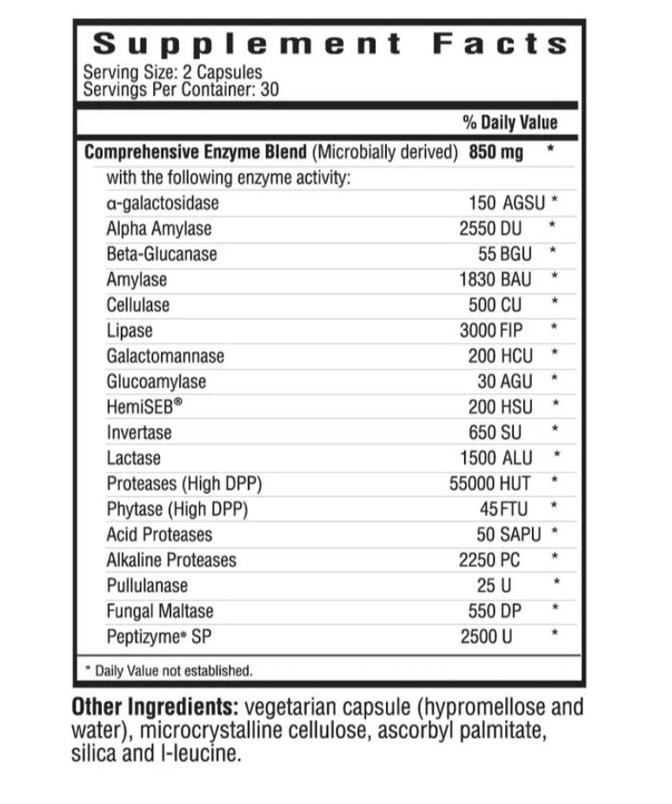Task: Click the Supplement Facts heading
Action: (329, 43)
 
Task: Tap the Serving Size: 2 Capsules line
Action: (172, 73)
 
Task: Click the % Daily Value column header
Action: (509, 123)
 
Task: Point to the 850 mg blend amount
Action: (496, 152)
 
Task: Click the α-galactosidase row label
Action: (163, 203)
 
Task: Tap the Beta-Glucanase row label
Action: (162, 254)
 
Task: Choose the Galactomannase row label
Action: (165, 356)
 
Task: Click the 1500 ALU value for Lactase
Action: (496, 458)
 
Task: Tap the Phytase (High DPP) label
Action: (174, 508)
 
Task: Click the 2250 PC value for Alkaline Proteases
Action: (490, 560)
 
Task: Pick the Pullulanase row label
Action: (147, 585)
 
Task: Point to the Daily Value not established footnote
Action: (168, 670)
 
